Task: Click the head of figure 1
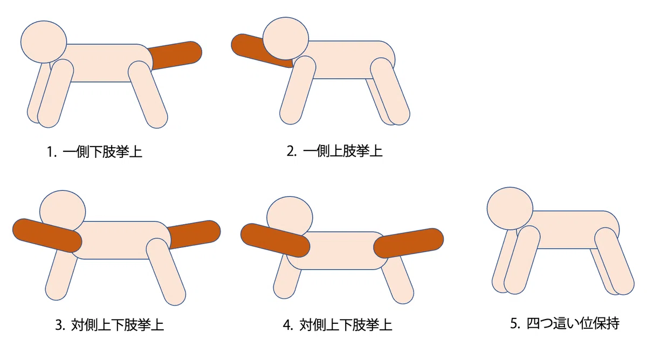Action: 44,42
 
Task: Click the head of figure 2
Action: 286,38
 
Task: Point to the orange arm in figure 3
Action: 47,236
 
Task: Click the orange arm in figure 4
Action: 276,240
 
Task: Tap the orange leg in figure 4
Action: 409,243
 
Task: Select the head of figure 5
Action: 510,209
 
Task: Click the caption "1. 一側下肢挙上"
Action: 94,152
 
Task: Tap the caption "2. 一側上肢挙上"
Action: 334,151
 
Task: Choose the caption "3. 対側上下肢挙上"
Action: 109,325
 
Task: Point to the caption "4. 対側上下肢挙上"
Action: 338,325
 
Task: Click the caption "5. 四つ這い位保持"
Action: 565,323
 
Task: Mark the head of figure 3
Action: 63,212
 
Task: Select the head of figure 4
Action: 290,218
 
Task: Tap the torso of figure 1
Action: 101,63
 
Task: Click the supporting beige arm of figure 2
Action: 298,90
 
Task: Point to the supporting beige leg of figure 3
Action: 166,272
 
